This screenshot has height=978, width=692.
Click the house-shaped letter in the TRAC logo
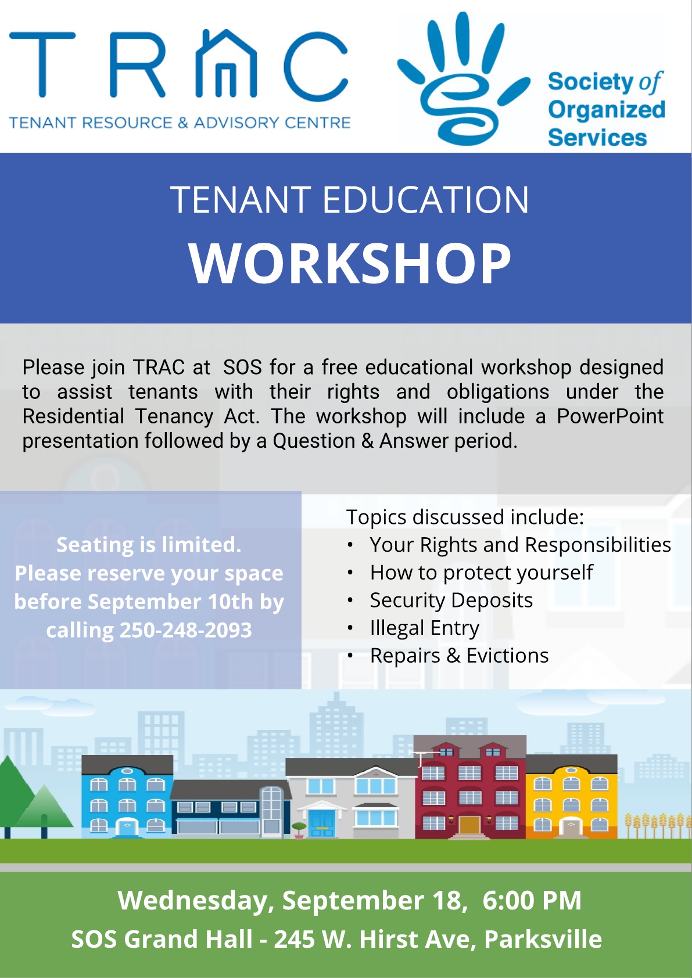226,65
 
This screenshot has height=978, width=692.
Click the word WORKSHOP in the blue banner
350,263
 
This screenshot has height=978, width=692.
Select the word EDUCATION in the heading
425,200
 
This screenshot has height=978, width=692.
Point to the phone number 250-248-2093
186,630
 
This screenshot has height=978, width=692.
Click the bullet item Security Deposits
451,600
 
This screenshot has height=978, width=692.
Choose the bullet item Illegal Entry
424,628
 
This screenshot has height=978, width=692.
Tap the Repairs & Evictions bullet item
459,656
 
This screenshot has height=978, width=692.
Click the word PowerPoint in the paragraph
609,416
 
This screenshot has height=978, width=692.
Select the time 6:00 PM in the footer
532,900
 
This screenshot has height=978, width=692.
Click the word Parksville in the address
543,939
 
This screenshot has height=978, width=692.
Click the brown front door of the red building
469,825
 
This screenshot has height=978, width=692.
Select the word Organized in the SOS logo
606,110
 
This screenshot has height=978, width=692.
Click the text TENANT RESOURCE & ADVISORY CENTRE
180,123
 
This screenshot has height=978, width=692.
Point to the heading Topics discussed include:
465,517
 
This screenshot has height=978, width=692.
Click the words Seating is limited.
149,545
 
